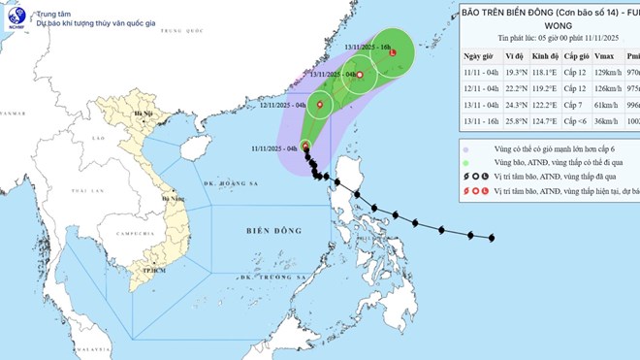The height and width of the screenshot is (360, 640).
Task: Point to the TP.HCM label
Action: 148,270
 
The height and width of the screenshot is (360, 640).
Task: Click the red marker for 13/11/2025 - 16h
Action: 392,53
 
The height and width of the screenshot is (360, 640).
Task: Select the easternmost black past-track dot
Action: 492,238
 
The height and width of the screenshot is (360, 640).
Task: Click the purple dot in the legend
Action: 467,148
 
